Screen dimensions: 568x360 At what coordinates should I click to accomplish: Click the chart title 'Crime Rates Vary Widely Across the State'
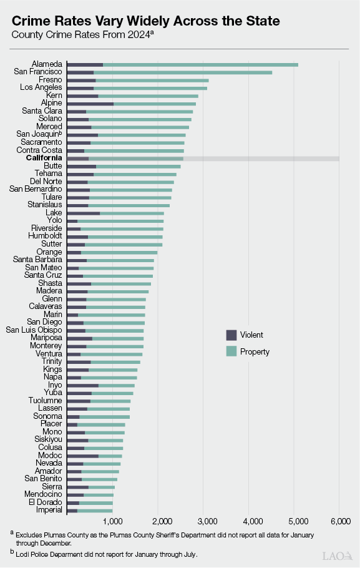pyautogui.click(x=146, y=20)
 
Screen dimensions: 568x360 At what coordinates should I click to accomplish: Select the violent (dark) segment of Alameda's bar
pyautogui.click(x=85, y=64)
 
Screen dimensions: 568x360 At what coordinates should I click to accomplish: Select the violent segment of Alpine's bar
pyautogui.click(x=90, y=104)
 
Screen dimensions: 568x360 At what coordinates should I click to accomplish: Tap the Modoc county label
pyautogui.click(x=50, y=456)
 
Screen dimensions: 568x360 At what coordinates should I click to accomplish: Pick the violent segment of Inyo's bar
pyautogui.click(x=82, y=385)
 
